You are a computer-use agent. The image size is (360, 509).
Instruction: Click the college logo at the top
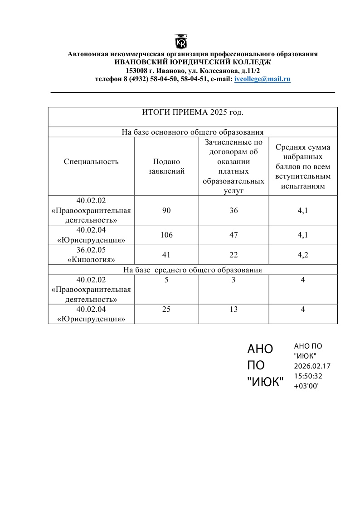point(181,41)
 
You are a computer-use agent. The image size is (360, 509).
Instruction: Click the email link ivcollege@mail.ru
point(263,79)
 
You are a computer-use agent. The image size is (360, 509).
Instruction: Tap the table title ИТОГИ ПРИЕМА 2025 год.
point(193,112)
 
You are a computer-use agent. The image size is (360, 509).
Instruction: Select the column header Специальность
point(91,161)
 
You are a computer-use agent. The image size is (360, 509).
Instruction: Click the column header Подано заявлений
point(166,166)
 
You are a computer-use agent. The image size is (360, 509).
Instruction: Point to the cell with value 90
point(166,210)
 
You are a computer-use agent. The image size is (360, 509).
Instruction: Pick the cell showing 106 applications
point(166,235)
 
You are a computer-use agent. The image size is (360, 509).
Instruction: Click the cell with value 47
point(234,235)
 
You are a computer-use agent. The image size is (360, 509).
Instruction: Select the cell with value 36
point(234,210)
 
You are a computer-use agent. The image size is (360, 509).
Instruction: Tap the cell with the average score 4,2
point(303,255)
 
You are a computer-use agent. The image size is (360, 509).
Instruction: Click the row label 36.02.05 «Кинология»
point(91,255)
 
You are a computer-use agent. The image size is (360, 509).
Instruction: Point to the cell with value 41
point(166,255)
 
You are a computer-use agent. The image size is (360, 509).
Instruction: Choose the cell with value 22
point(234,255)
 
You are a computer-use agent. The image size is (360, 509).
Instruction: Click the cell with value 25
point(166,309)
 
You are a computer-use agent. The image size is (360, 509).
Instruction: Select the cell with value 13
point(234,309)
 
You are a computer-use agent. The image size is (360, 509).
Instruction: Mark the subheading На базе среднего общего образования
point(193,270)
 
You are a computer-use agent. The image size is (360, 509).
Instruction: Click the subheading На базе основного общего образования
point(193,132)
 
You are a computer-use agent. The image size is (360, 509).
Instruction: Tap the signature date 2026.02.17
point(312,366)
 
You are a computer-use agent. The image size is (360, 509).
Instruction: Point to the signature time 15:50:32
point(308,376)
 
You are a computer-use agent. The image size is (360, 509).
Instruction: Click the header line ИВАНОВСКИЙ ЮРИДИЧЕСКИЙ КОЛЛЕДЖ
point(193,63)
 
